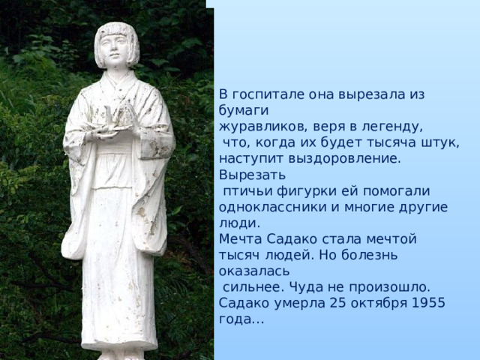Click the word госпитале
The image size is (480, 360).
(263, 94)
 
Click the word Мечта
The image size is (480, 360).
(240, 239)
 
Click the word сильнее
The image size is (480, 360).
(253, 287)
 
